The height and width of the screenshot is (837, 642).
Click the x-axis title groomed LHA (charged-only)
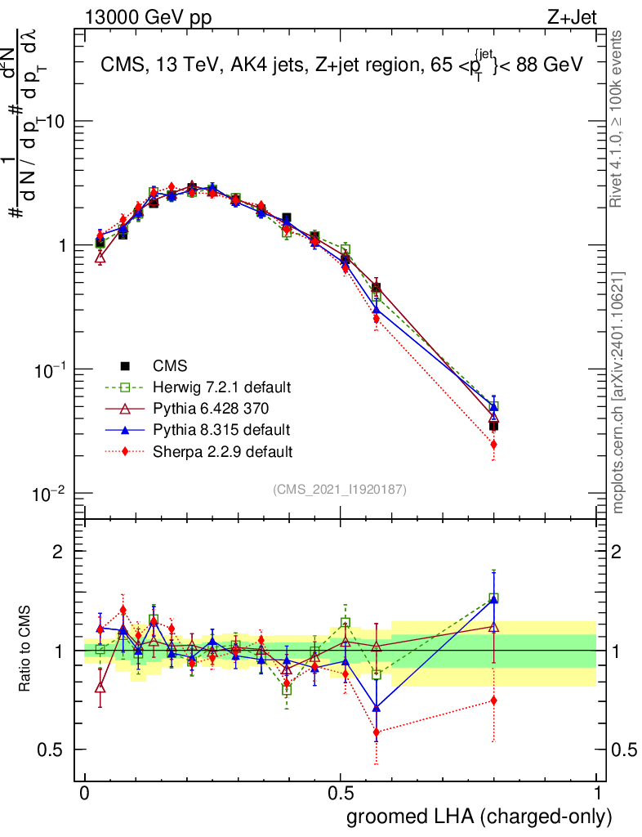[479, 817]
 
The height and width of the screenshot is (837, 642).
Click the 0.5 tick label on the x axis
[341, 794]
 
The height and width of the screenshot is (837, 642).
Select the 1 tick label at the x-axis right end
[596, 794]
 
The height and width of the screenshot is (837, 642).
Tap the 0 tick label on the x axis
[84, 794]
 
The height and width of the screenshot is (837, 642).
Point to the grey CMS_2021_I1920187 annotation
[339, 489]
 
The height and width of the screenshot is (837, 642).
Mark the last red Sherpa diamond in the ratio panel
[493, 700]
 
